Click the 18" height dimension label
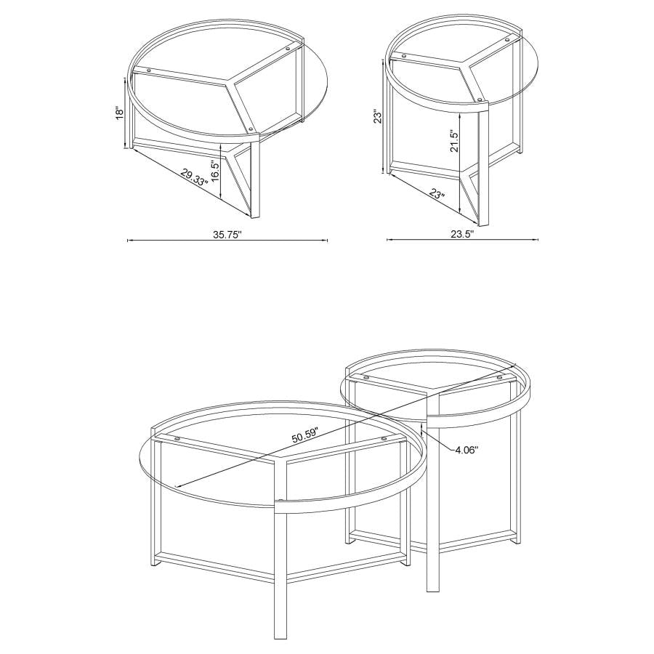(x=120, y=113)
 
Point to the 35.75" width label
(x=227, y=235)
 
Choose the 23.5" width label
(x=462, y=235)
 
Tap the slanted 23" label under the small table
(x=437, y=195)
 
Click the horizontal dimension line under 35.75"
(x=227, y=241)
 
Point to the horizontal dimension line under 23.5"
(x=462, y=241)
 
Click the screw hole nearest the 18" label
(x=150, y=70)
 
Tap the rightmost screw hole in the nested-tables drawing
(x=500, y=378)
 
